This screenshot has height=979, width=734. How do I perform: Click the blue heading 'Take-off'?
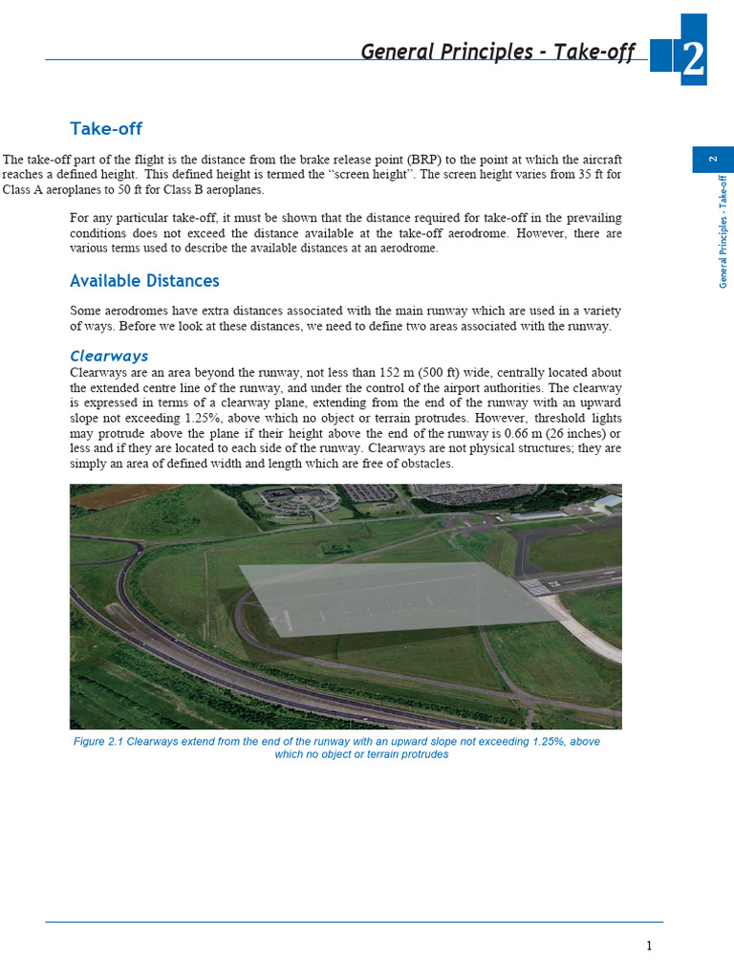(106, 129)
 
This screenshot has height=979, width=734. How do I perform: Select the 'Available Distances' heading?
(144, 281)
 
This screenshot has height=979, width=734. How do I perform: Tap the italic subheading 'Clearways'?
(109, 357)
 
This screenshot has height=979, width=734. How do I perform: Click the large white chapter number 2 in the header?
(694, 59)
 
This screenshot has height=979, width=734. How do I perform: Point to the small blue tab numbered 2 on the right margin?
(712, 160)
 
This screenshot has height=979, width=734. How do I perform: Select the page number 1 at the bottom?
(649, 946)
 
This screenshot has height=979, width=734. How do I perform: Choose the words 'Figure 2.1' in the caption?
(98, 742)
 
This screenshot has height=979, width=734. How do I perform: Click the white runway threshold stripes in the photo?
(536, 586)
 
